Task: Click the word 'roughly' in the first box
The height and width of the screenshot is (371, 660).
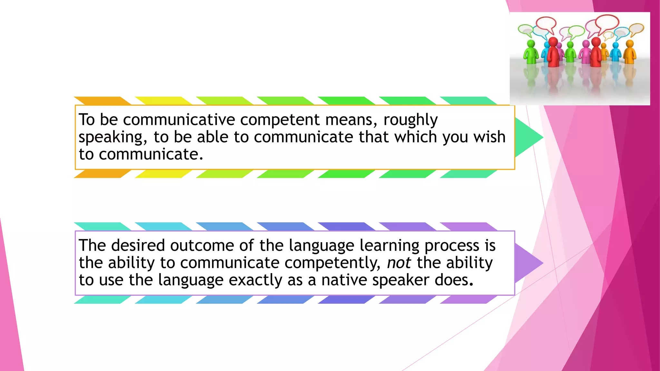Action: [x=410, y=120]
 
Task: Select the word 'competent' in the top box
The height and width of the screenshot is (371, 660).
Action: [x=280, y=120]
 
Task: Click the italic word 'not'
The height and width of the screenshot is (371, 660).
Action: [x=399, y=263]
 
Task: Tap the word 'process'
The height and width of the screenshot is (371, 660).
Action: [x=452, y=246]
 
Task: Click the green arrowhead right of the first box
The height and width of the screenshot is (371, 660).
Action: [x=528, y=137]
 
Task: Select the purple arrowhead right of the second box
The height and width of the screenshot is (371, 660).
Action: [x=528, y=263]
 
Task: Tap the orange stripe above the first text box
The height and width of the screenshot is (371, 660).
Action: [x=102, y=101]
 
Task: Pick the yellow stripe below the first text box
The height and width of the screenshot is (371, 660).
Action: [x=163, y=174]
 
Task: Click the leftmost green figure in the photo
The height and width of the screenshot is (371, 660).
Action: [x=530, y=52]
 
